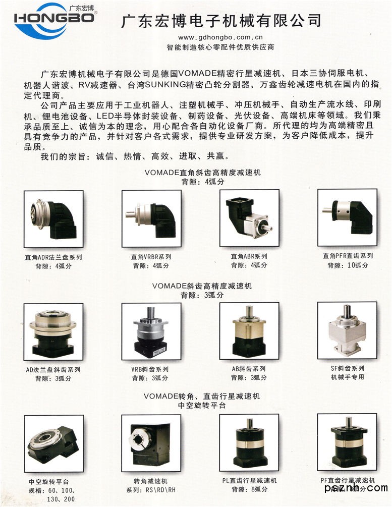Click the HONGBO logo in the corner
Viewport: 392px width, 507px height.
pos(55,20)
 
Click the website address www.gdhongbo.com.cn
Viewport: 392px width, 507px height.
pos(220,37)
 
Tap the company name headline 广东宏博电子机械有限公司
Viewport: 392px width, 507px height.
pos(221,21)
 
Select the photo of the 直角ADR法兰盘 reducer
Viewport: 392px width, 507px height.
pos(53,219)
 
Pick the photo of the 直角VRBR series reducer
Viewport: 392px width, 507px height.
pos(151,218)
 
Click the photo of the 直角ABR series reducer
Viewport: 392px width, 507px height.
pos(249,218)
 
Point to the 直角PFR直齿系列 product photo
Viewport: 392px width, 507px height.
pos(348,217)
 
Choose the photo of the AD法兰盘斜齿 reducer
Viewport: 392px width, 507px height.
pos(53,332)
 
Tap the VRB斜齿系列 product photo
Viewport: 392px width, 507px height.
pos(151,331)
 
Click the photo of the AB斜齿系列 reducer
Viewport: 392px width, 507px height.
pos(249,331)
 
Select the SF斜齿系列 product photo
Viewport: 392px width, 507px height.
pos(348,330)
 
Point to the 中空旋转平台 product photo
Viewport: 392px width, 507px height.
pos(54,443)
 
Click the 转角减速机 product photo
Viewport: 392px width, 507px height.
pos(151,443)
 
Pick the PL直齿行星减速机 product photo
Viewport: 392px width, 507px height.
pos(249,442)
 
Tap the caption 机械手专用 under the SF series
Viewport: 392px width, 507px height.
pos(348,377)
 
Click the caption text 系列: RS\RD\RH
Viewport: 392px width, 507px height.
pos(151,490)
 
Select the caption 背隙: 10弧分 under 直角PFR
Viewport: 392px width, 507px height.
pos(348,265)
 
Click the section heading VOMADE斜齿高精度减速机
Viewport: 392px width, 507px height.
pos(202,286)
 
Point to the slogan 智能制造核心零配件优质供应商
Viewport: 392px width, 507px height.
pos(220,47)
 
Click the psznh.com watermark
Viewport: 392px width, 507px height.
pos(356,488)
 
